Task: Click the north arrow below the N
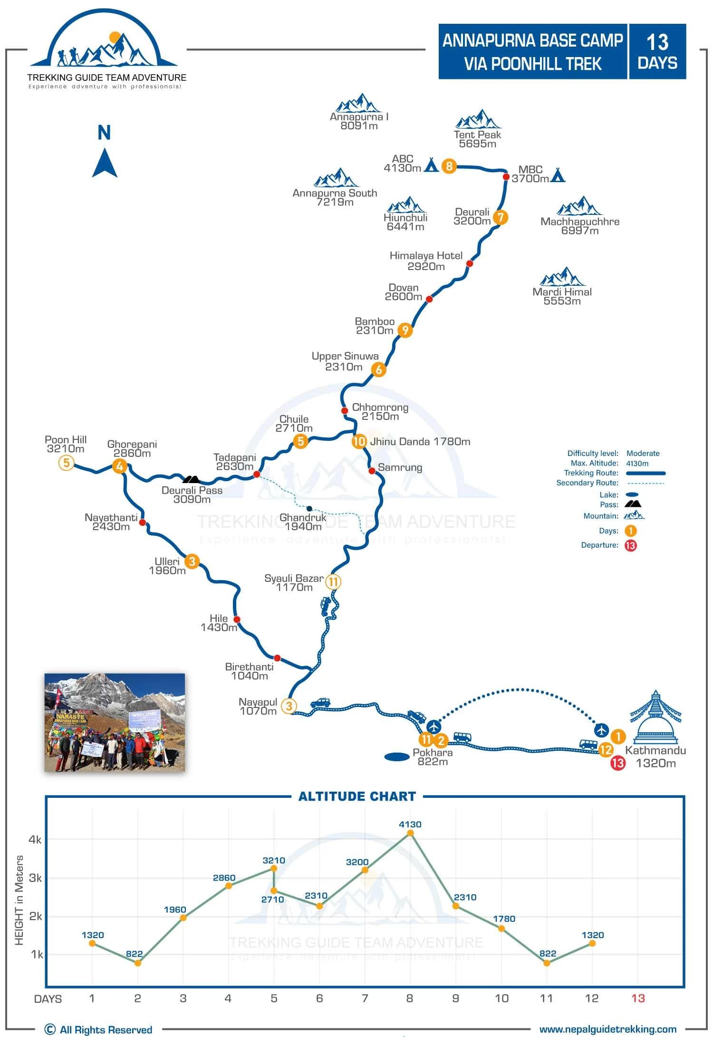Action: pyautogui.click(x=105, y=163)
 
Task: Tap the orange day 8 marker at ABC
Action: pyautogui.click(x=449, y=166)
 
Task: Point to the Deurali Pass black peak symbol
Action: pyautogui.click(x=192, y=479)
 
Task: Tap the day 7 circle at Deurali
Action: pyautogui.click(x=500, y=217)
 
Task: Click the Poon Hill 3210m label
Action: pyautogui.click(x=66, y=444)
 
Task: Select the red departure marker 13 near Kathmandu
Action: pyautogui.click(x=617, y=763)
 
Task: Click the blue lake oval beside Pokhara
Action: pyautogui.click(x=396, y=756)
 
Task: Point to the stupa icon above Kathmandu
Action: pyautogui.click(x=655, y=718)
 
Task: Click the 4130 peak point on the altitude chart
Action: pyautogui.click(x=410, y=833)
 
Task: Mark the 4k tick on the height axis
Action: pyautogui.click(x=35, y=840)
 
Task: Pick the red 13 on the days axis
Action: pyautogui.click(x=638, y=998)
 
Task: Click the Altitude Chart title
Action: pyautogui.click(x=357, y=796)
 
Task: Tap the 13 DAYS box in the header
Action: pyautogui.click(x=657, y=51)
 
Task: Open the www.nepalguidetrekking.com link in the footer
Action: pyautogui.click(x=607, y=1029)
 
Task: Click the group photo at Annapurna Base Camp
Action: pyautogui.click(x=115, y=722)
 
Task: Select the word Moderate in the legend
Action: pyautogui.click(x=643, y=453)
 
